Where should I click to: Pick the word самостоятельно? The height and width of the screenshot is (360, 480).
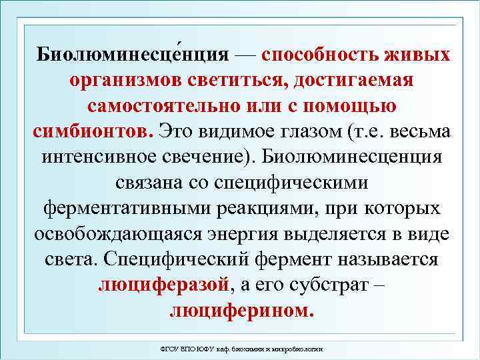pyautogui.click(x=161, y=105)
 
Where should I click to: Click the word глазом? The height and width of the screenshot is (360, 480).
pyautogui.click(x=306, y=131)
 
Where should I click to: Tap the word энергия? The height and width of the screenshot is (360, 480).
pyautogui.click(x=260, y=233)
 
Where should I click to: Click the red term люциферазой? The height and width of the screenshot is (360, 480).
pyautogui.click(x=163, y=285)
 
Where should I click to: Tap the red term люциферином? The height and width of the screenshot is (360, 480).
pyautogui.click(x=241, y=311)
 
